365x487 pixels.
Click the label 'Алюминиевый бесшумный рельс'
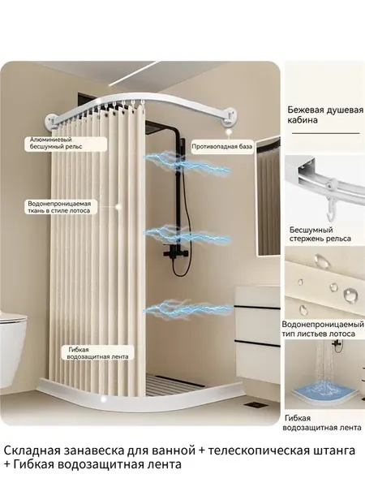click(x=56, y=143)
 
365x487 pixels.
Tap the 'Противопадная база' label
click(x=222, y=146)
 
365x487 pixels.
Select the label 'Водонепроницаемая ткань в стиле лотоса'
click(x=59, y=207)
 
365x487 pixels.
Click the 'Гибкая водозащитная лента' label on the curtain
click(x=98, y=353)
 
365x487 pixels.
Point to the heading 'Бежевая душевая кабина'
click(x=325, y=115)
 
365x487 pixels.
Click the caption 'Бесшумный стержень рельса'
click(x=320, y=235)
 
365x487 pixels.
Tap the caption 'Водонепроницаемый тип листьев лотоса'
click(x=323, y=329)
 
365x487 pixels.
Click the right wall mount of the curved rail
click(x=231, y=116)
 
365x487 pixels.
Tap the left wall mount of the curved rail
click(x=53, y=121)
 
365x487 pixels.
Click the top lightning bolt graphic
click(x=187, y=162)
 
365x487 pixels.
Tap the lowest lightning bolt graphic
click(x=188, y=308)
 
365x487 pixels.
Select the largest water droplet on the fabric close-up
click(x=350, y=294)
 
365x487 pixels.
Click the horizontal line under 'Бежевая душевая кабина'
click(x=325, y=133)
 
